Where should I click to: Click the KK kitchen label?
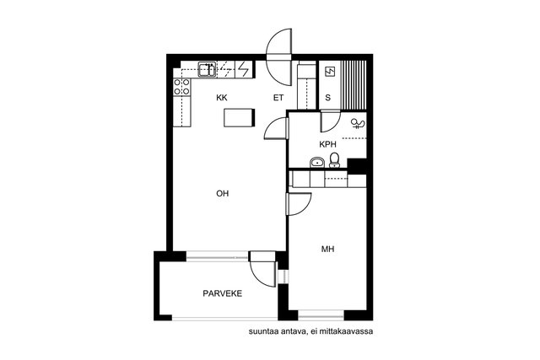[222, 98]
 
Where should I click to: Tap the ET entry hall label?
[278, 98]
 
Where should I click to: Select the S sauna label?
[328, 98]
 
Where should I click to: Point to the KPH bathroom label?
[327, 144]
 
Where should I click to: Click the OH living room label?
[223, 193]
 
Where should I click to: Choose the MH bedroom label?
[328, 249]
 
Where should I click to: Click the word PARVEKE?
[223, 293]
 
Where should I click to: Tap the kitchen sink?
[207, 69]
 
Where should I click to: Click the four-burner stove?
[182, 87]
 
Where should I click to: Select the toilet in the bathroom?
[334, 160]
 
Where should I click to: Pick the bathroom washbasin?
[317, 162]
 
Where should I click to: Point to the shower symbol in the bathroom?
[358, 124]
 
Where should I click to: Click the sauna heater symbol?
[330, 72]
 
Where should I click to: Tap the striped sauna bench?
[354, 85]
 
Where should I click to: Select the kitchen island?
[240, 117]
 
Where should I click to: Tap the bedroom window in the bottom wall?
[321, 315]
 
